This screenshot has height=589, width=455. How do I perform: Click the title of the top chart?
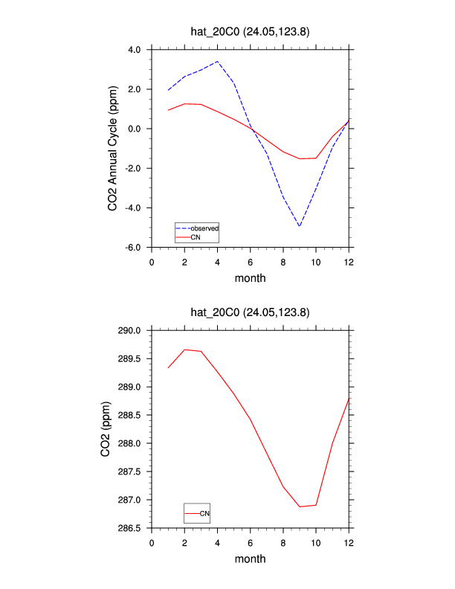pyautogui.click(x=250, y=32)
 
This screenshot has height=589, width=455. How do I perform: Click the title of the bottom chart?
pyautogui.click(x=250, y=313)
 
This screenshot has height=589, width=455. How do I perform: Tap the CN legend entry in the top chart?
pyautogui.click(x=196, y=236)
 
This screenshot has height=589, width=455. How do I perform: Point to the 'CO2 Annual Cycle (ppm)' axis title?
pyautogui.click(x=113, y=147)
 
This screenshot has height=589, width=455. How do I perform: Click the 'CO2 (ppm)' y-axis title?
pyautogui.click(x=106, y=429)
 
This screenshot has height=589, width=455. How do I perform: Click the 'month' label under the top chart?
pyautogui.click(x=250, y=279)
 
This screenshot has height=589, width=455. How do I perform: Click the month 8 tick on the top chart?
pyautogui.click(x=283, y=262)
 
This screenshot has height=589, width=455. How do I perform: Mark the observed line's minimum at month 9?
pyautogui.click(x=300, y=225)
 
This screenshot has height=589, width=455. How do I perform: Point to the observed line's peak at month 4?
pyautogui.click(x=217, y=62)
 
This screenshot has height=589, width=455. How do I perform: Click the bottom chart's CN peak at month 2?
pyautogui.click(x=184, y=350)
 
